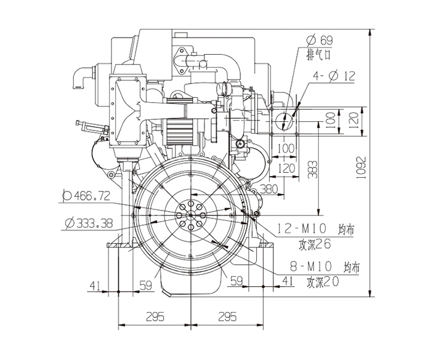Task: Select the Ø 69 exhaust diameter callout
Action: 320,40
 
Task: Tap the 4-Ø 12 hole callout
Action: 334,76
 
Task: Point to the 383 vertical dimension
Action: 312,170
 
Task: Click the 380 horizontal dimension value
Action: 269,189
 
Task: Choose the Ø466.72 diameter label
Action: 86,196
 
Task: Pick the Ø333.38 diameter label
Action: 89,223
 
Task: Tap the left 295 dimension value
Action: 155,316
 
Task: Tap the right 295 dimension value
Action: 227,316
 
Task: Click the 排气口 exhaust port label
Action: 318,55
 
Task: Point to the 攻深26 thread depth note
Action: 315,244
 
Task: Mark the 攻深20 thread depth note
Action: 323,282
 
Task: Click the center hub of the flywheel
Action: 190,215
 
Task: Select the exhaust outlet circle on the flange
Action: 284,120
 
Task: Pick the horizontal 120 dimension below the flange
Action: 286,168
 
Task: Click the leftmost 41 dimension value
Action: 95,286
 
